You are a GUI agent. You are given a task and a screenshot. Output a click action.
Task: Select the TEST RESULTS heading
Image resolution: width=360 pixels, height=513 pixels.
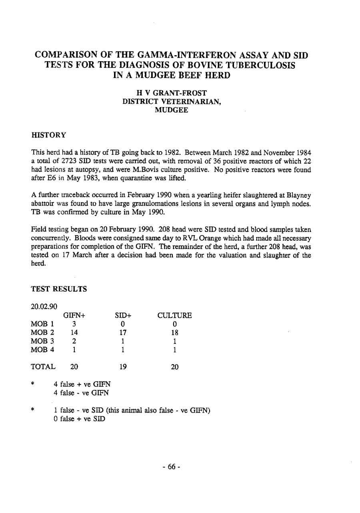click(59, 289)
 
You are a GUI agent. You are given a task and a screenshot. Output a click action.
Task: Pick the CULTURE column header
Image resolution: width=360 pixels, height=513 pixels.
click(175, 315)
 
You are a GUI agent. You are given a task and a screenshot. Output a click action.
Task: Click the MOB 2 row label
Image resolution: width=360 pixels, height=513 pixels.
click(43, 333)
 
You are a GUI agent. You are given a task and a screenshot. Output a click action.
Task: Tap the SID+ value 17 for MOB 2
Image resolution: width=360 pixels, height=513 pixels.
click(123, 333)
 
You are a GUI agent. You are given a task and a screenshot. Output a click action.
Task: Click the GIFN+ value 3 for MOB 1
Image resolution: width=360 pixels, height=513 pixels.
click(74, 324)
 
